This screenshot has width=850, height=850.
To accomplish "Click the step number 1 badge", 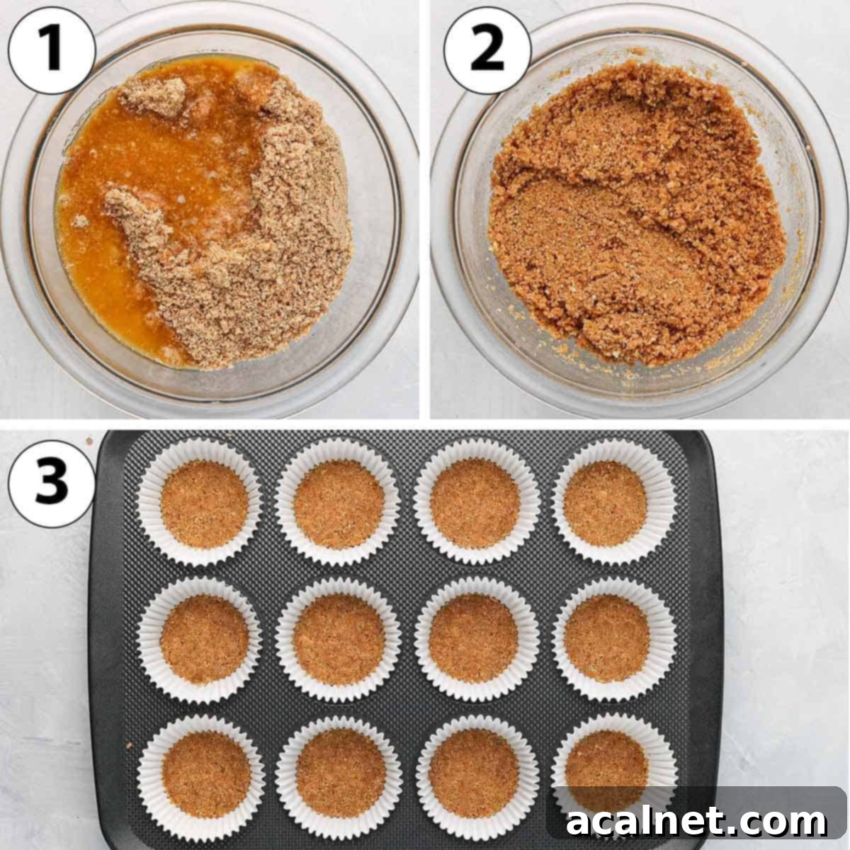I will pyautogui.click(x=52, y=52).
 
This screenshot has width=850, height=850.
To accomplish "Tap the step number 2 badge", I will pyautogui.click(x=487, y=52).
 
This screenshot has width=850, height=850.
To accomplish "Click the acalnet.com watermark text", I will pyautogui.click(x=697, y=822).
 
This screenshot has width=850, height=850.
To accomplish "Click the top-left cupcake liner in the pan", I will pyautogui.click(x=203, y=503).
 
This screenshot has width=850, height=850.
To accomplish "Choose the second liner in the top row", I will pyautogui.click(x=339, y=503).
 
